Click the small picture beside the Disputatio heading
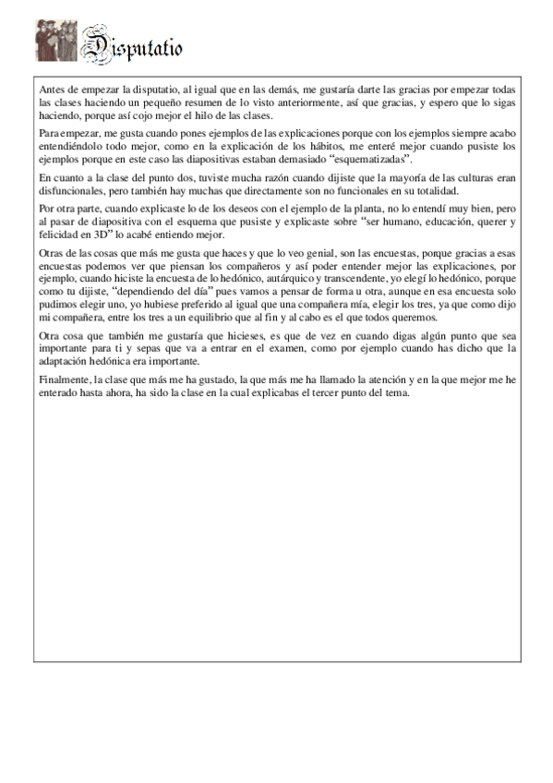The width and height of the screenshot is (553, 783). [56, 42]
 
